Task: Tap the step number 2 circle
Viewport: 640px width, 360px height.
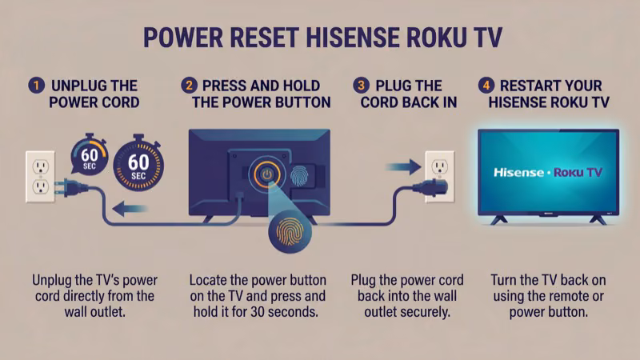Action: (x=189, y=84)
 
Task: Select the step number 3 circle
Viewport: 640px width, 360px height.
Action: (x=358, y=84)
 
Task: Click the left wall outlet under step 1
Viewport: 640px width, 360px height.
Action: (x=39, y=175)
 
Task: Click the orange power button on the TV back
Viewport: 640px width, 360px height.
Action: (x=266, y=174)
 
